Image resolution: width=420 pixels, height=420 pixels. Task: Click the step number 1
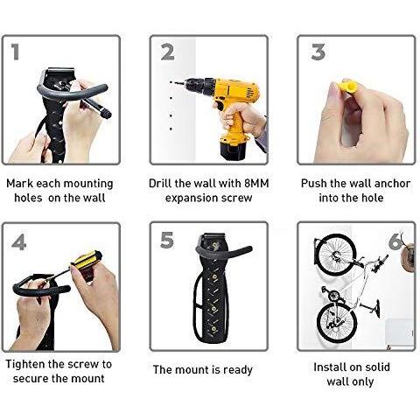(16, 52)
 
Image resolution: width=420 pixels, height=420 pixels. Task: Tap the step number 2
(168, 52)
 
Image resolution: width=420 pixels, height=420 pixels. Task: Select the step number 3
(318, 52)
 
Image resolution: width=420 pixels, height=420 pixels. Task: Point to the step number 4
(19, 242)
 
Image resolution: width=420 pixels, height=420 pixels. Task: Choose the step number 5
(167, 240)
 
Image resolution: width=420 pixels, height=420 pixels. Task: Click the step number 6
(395, 241)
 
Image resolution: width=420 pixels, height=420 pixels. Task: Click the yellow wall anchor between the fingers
(348, 87)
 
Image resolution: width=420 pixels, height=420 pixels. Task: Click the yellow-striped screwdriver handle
(87, 258)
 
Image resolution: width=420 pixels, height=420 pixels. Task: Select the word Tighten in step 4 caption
(25, 364)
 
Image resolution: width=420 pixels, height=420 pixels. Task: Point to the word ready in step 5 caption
(238, 370)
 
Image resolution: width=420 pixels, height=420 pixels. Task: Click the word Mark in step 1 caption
(20, 184)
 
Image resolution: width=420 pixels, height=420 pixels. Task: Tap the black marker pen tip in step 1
(106, 113)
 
